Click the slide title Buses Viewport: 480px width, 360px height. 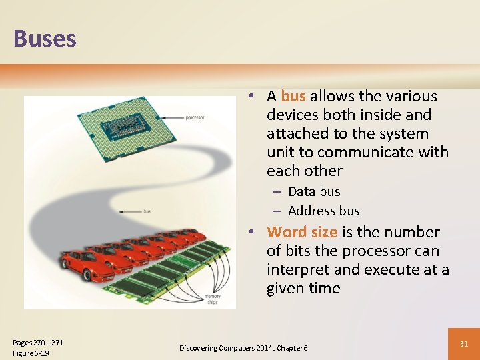tap(45, 38)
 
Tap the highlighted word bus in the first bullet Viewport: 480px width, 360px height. tap(293, 97)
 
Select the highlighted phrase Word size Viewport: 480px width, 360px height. tap(302, 233)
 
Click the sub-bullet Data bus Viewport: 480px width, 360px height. tap(314, 192)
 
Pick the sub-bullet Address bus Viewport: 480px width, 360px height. tap(323, 211)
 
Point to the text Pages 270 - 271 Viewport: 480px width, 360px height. tap(38, 343)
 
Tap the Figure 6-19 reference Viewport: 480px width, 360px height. tap(31, 353)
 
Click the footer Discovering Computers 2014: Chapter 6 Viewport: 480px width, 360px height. tap(243, 348)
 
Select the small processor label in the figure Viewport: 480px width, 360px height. tap(195, 117)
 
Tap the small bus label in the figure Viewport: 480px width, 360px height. tap(147, 211)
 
